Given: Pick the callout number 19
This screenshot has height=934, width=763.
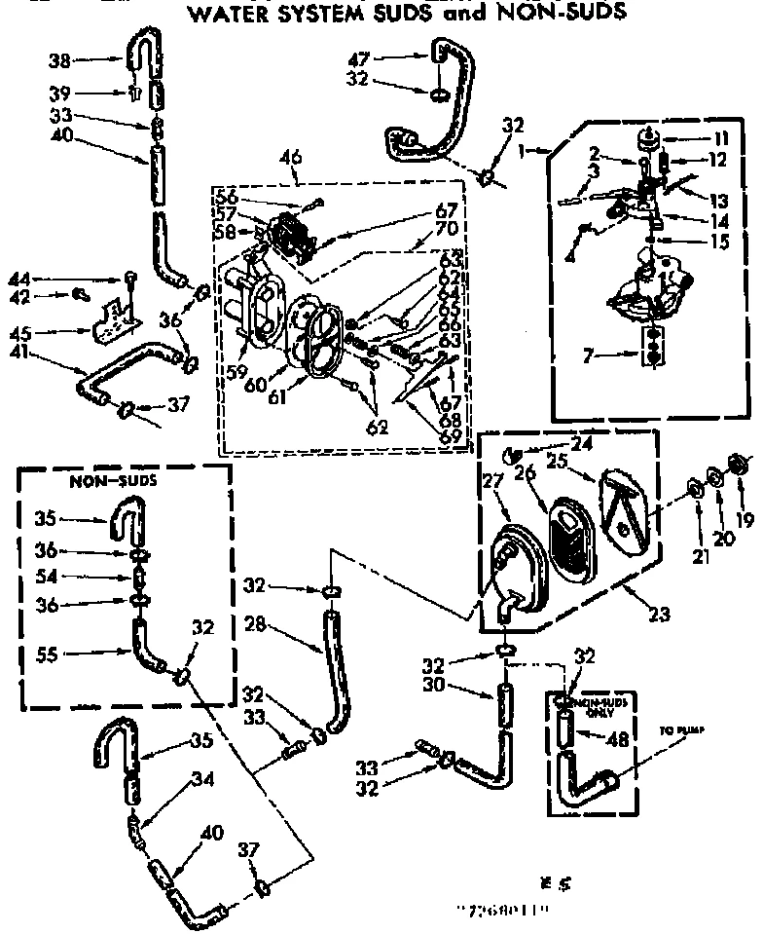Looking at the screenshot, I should [745, 520].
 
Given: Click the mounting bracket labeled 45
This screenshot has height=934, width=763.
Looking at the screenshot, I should [112, 321].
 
